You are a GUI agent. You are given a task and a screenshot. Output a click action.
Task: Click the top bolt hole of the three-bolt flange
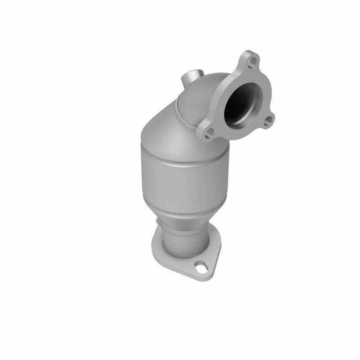click(x=254, y=60)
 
